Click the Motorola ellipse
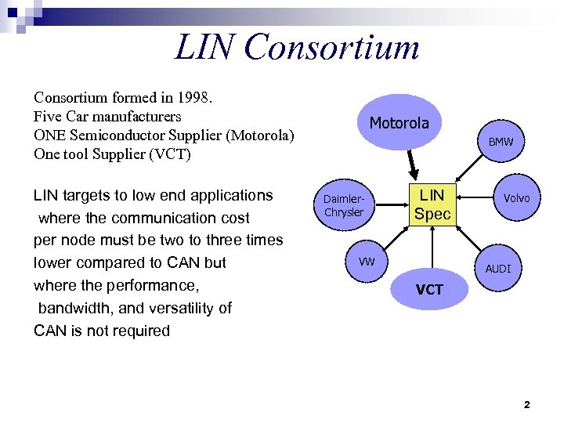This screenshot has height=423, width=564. [399, 123]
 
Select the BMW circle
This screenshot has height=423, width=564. [501, 143]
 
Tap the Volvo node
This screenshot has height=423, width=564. [516, 198]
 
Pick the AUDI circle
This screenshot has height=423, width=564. [498, 269]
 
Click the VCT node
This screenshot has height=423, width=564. [429, 290]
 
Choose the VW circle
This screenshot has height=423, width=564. [367, 261]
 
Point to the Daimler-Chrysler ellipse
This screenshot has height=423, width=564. [344, 206]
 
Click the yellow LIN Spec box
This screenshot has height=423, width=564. [432, 204]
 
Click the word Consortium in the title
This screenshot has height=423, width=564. [331, 47]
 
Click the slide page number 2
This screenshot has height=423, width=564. [526, 405]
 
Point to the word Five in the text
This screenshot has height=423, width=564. [47, 117]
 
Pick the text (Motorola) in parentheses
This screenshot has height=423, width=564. [259, 136]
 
